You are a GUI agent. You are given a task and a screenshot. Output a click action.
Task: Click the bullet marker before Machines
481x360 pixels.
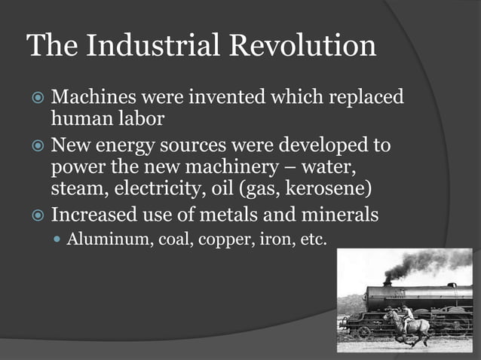click(36, 99)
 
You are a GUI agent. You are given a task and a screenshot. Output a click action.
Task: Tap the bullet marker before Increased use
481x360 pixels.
click(36, 215)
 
